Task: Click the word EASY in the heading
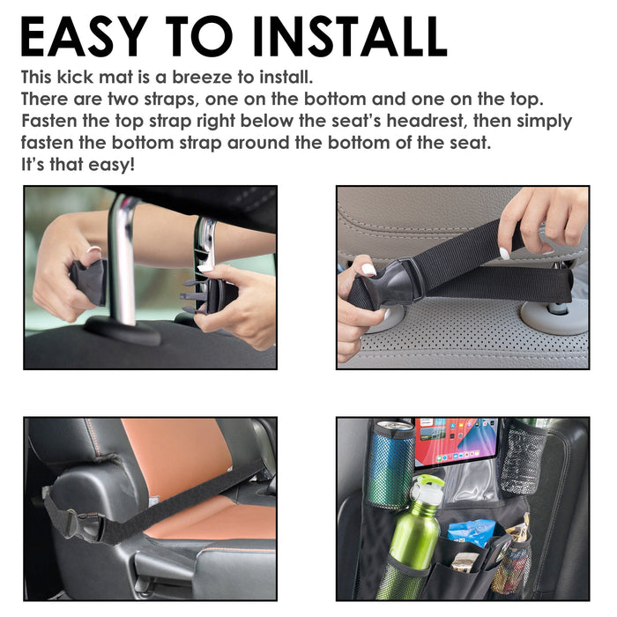pos(85,37)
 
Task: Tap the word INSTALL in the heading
pos(350,37)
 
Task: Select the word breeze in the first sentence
pos(202,78)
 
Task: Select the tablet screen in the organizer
pos(457,442)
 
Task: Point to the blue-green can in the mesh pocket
pos(390,465)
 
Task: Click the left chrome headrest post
pos(123,260)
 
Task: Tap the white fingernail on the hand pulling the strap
pos(504,253)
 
